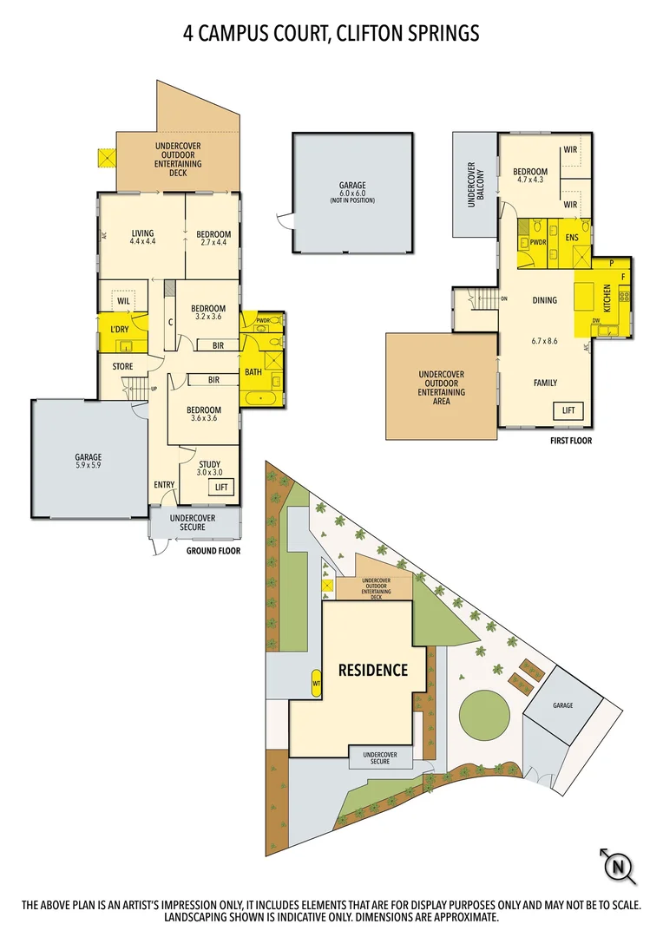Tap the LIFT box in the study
pyautogui.click(x=220, y=488)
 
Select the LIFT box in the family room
pyautogui.click(x=568, y=410)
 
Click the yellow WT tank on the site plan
pyautogui.click(x=316, y=683)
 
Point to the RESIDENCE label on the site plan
pyautogui.click(x=373, y=670)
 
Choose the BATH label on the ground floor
pyautogui.click(x=253, y=372)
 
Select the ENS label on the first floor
pyautogui.click(x=572, y=236)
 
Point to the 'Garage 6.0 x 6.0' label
pyautogui.click(x=352, y=191)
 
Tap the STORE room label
pyautogui.click(x=122, y=367)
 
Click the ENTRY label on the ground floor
pyautogui.click(x=164, y=485)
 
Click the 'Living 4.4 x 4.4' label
pyautogui.click(x=142, y=238)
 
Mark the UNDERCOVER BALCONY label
pyautogui.click(x=473, y=185)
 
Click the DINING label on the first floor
pyautogui.click(x=544, y=301)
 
